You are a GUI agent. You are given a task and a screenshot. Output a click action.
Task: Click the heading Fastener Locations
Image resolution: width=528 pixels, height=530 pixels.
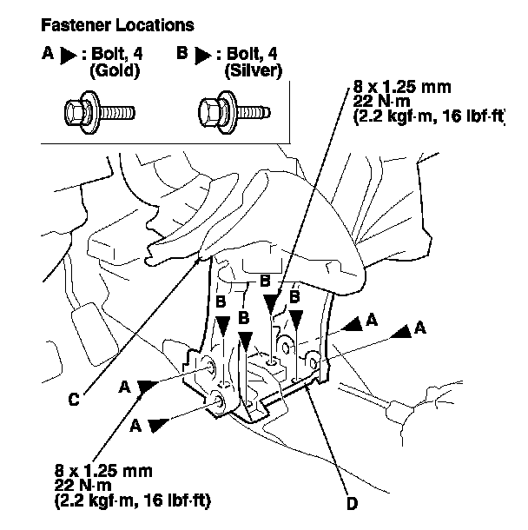tap(117, 25)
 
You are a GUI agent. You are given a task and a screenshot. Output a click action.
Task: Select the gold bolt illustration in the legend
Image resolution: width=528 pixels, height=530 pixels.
tap(99, 112)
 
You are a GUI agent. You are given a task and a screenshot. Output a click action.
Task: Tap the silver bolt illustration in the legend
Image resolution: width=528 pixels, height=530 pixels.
tap(234, 112)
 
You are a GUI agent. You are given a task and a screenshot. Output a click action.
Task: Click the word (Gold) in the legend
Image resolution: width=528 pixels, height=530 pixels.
tap(115, 71)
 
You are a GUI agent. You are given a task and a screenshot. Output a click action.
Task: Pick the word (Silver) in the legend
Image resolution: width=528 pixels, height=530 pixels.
tap(254, 71)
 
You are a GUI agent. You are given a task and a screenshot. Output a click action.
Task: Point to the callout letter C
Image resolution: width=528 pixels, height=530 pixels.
tap(74, 399)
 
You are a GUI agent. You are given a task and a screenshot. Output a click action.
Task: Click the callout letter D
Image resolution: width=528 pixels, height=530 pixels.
tap(352, 504)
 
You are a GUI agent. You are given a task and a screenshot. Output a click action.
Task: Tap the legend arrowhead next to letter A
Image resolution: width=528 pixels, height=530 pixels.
tap(69, 56)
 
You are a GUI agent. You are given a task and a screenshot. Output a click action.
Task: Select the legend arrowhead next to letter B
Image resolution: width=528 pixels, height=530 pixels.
tap(203, 56)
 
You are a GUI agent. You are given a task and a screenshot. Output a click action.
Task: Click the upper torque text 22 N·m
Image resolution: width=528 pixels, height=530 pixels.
tap(382, 102)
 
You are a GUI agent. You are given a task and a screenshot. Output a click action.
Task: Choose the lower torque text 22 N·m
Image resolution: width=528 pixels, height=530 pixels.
tap(83, 486)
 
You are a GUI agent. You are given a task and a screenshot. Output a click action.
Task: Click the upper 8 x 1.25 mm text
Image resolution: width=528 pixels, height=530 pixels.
tap(402, 87)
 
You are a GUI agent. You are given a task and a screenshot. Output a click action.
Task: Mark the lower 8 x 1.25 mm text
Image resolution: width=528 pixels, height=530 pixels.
tap(103, 471)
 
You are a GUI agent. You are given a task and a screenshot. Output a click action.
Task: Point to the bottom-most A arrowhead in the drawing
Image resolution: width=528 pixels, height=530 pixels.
tap(158, 425)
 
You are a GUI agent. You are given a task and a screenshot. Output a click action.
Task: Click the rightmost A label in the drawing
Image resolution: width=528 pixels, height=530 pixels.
tap(420, 328)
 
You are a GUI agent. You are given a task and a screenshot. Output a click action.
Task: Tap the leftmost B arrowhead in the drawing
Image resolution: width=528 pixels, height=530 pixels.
tap(223, 326)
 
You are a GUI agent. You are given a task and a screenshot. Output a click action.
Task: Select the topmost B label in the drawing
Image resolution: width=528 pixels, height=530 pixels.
tap(265, 281)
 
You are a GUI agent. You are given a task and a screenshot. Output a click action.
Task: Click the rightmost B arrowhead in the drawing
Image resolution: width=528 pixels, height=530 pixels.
tap(296, 320)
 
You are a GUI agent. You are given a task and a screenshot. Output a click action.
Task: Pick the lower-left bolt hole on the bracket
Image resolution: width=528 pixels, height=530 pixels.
tap(218, 402)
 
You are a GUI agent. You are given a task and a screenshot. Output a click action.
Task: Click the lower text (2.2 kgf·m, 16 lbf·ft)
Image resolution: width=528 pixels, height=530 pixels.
tap(132, 500)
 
